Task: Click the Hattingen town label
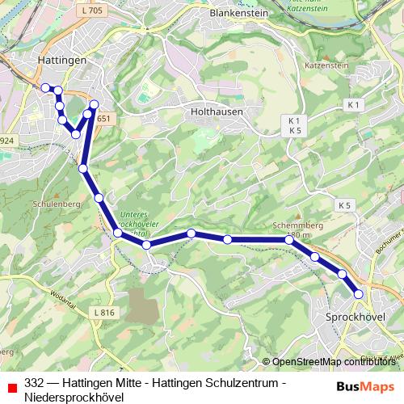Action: tap(62, 61)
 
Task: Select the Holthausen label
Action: tap(217, 112)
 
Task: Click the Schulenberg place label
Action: tap(32, 205)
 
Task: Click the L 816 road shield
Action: tap(103, 312)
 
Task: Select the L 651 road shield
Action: tap(104, 119)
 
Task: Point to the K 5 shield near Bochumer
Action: tap(346, 205)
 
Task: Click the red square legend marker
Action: tap(11, 387)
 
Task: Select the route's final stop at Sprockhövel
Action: tap(359, 294)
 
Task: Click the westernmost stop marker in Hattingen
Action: tap(45, 86)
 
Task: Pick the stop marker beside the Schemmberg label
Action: tap(288, 240)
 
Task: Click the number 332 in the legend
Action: tap(34, 382)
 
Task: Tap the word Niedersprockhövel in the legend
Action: tap(74, 397)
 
